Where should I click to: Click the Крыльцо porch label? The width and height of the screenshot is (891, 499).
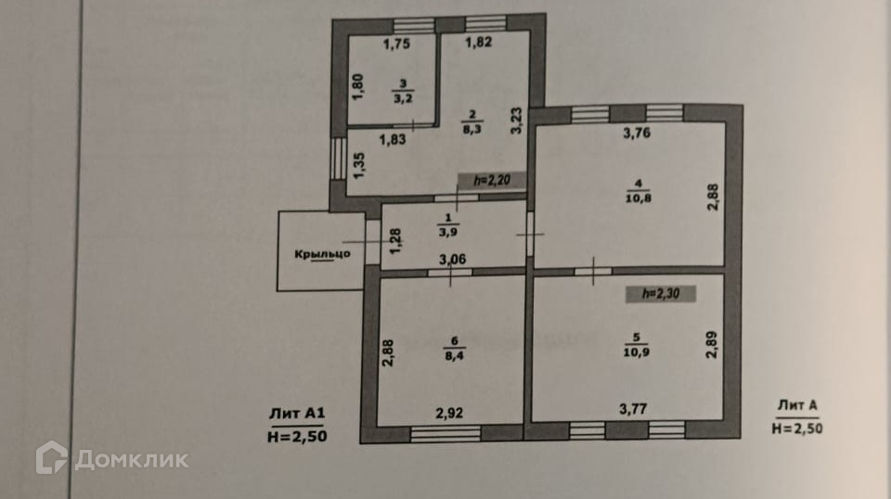(322, 255)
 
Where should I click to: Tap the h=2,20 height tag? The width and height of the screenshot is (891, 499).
(492, 182)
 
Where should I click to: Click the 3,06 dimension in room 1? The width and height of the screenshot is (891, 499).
(453, 260)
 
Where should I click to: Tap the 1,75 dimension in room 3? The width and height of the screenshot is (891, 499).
(396, 43)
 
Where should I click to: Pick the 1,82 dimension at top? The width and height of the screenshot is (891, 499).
(479, 43)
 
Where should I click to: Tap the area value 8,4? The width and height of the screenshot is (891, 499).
(452, 352)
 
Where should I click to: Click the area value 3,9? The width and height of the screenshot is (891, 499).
(451, 232)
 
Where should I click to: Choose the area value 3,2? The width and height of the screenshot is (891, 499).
(403, 96)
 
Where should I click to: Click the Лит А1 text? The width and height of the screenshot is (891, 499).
(296, 415)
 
